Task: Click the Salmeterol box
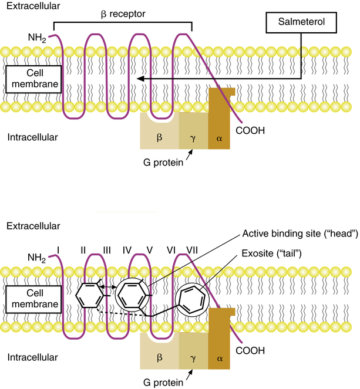pos(300,23)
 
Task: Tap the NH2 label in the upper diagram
pos(39,38)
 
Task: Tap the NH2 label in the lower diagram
pos(39,257)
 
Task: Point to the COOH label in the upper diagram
pos(252,131)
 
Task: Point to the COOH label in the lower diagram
pos(252,350)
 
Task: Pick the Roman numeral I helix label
pos(58,249)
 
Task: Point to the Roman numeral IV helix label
pos(126,249)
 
